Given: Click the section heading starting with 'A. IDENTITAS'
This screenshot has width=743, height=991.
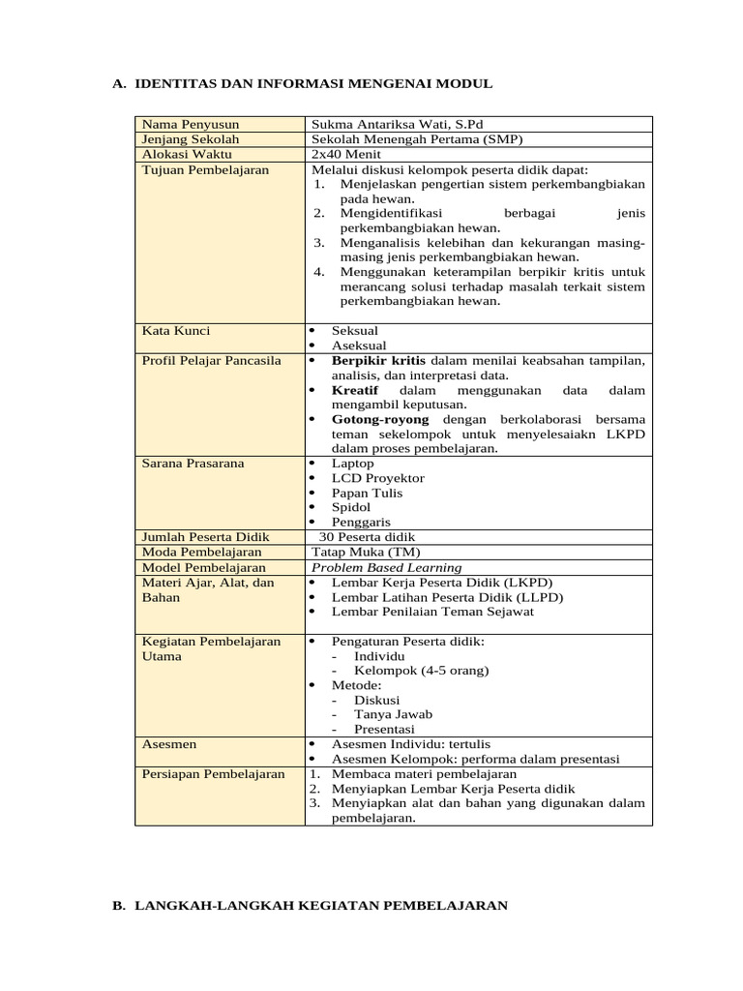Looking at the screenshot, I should pos(302,84).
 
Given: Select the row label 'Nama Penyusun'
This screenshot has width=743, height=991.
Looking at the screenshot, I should pos(190,125).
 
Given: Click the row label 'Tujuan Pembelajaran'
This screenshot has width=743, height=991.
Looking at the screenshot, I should pos(205,169).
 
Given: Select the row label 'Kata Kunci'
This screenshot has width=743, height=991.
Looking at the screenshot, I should pos(175,331).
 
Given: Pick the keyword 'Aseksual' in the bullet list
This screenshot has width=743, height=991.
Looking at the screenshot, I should pos(359,345).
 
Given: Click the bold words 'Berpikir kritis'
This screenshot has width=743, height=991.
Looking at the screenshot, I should pos(379,360).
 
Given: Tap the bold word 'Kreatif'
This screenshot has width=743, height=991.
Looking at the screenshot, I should pos(356,389).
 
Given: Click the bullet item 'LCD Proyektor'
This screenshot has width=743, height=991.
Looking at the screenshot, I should pos(377,478).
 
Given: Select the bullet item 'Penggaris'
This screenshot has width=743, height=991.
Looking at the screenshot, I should pos(364,522).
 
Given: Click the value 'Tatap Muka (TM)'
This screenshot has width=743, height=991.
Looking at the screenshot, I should pos(359,552).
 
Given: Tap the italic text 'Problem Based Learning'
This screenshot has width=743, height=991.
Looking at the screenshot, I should pos(386,567).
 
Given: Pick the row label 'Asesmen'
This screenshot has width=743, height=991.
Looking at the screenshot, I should pos(169,743).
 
